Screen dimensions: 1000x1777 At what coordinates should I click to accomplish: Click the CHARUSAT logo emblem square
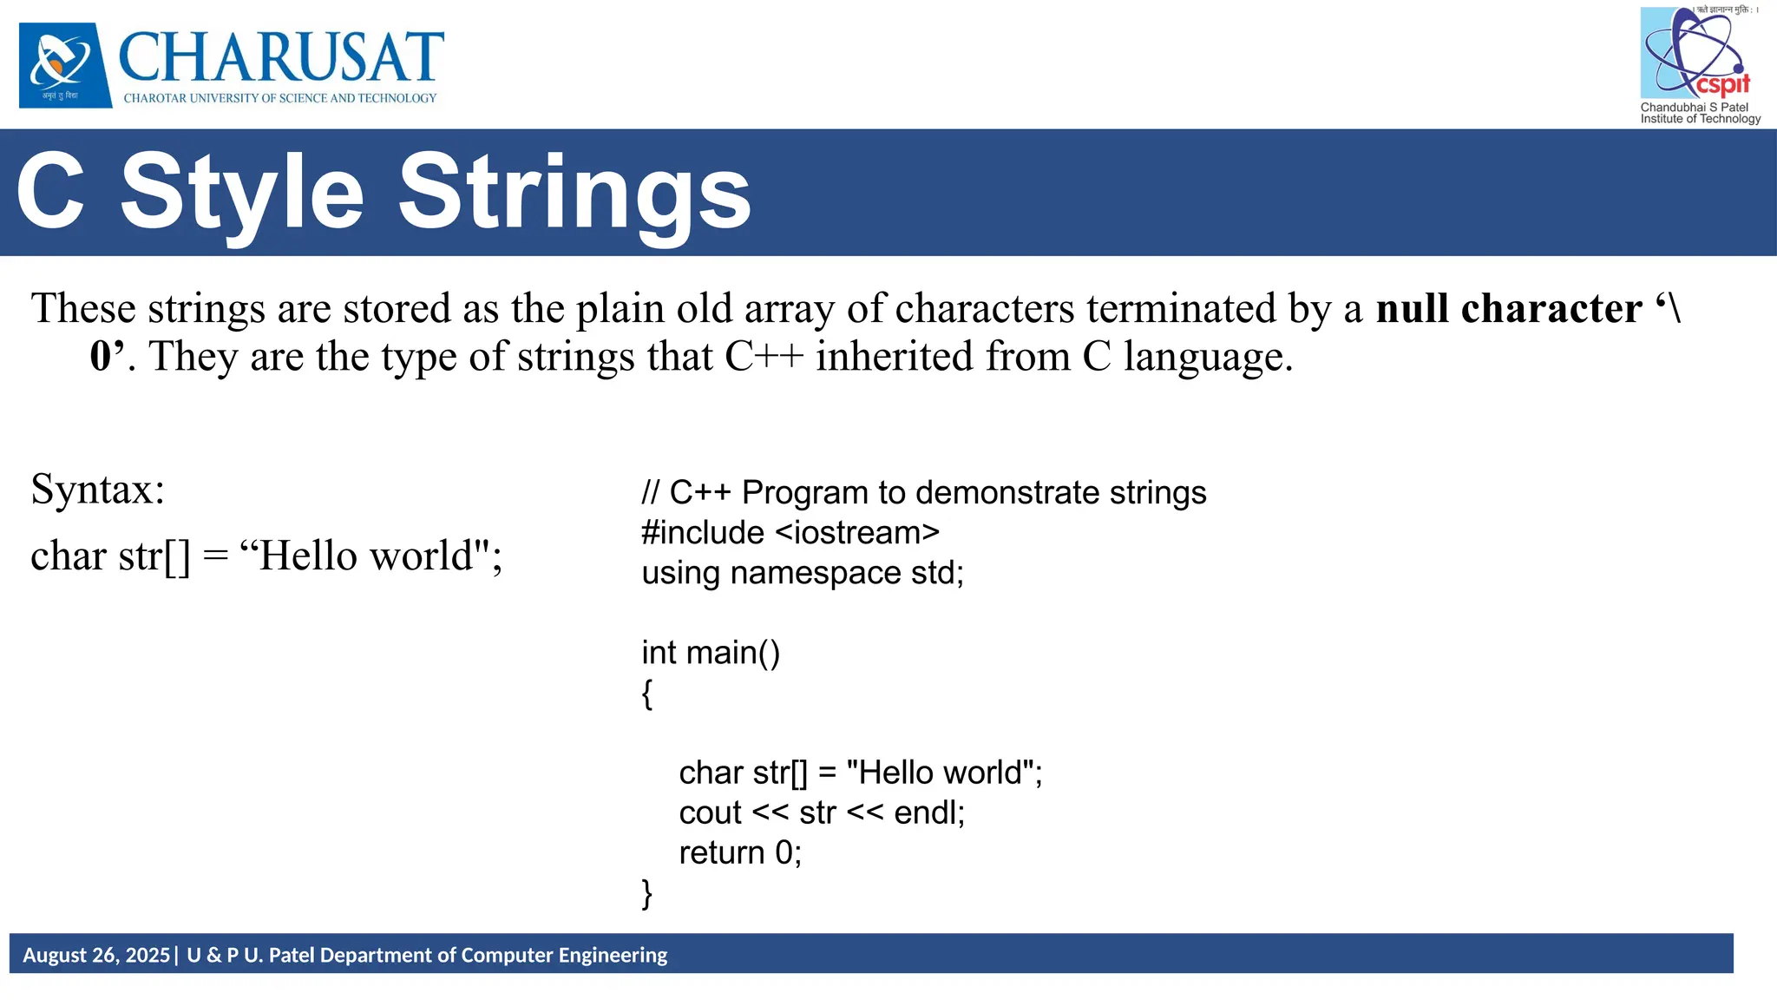(x=65, y=65)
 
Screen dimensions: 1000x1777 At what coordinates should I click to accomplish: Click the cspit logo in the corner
(x=1696, y=54)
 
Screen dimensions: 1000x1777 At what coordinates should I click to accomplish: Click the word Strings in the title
(x=574, y=193)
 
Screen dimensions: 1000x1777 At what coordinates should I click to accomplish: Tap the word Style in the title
(x=242, y=193)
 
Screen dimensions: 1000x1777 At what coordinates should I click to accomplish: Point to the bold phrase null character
(x=1508, y=309)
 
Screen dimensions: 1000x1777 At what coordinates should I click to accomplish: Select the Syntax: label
(x=97, y=489)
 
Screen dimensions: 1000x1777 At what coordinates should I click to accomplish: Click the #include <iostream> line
(x=790, y=532)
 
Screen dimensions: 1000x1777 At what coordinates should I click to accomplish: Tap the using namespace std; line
(x=802, y=573)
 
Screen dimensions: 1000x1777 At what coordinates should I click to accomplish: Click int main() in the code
(x=710, y=652)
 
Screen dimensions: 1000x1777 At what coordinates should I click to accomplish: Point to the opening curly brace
(x=647, y=694)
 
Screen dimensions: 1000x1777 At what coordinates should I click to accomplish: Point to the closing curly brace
(x=647, y=893)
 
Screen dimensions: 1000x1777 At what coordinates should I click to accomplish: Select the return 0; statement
(x=739, y=852)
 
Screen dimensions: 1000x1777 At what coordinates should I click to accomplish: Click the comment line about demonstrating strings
(x=923, y=492)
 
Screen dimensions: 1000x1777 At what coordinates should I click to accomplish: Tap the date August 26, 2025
(x=96, y=955)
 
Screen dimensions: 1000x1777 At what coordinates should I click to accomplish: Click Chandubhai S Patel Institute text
(x=1699, y=113)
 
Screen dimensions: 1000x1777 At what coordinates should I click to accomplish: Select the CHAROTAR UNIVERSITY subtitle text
(x=279, y=98)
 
